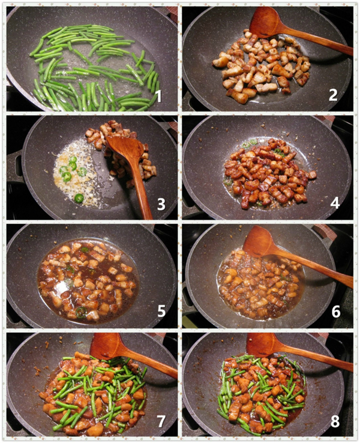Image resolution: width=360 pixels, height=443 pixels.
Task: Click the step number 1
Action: (158, 96)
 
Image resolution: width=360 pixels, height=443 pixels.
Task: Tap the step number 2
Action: (333, 95)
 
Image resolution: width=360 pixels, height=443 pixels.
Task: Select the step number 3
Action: (161, 204)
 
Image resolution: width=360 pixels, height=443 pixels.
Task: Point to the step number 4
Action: (335, 203)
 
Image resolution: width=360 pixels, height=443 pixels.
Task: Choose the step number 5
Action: (161, 311)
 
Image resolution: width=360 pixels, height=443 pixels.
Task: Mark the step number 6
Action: (336, 312)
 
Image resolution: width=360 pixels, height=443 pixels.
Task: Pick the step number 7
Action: (161, 421)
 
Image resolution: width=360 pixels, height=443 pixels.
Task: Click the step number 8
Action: (335, 421)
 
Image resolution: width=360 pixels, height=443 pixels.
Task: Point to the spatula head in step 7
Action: (109, 347)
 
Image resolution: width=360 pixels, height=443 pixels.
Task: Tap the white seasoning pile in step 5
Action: (62, 287)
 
